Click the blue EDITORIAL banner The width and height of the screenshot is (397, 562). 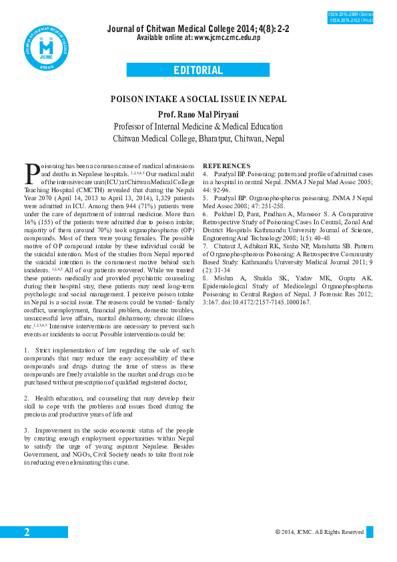(198, 70)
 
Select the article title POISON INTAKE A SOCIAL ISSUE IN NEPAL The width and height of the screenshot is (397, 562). (198, 99)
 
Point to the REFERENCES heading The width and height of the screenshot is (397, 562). (226, 166)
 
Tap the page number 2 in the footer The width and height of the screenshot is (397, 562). (27, 532)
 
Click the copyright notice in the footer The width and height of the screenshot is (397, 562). (319, 532)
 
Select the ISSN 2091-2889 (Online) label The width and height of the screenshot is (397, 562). (350, 14)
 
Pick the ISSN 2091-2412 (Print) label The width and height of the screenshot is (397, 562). (350, 21)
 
